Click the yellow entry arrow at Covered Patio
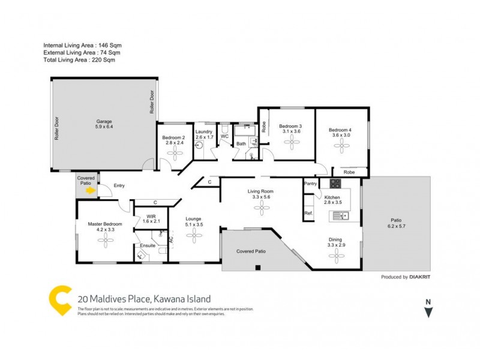point(90,191)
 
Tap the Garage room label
point(104,121)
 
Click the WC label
point(224,137)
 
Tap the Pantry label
point(311,184)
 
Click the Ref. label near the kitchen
point(308,213)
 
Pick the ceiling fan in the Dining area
point(336,256)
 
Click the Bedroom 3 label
point(290,125)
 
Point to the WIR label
point(147,215)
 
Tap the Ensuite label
point(148,245)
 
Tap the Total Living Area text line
point(79,60)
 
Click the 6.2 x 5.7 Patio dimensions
point(397,226)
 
